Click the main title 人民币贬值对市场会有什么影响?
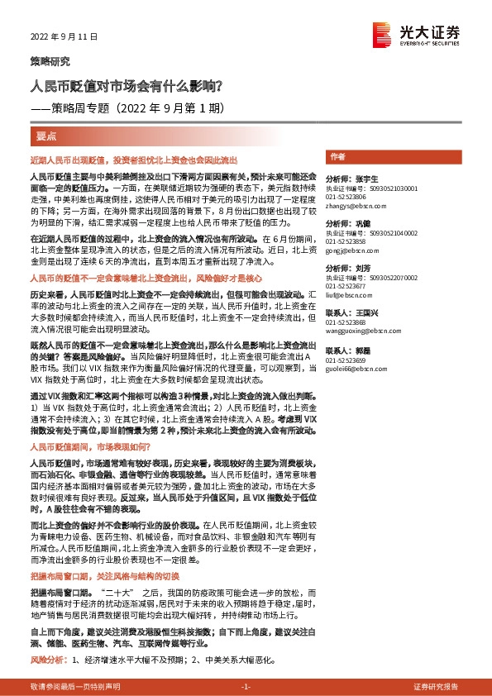coord(126,85)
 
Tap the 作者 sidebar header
coord(337,156)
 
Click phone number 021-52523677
coord(346,287)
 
